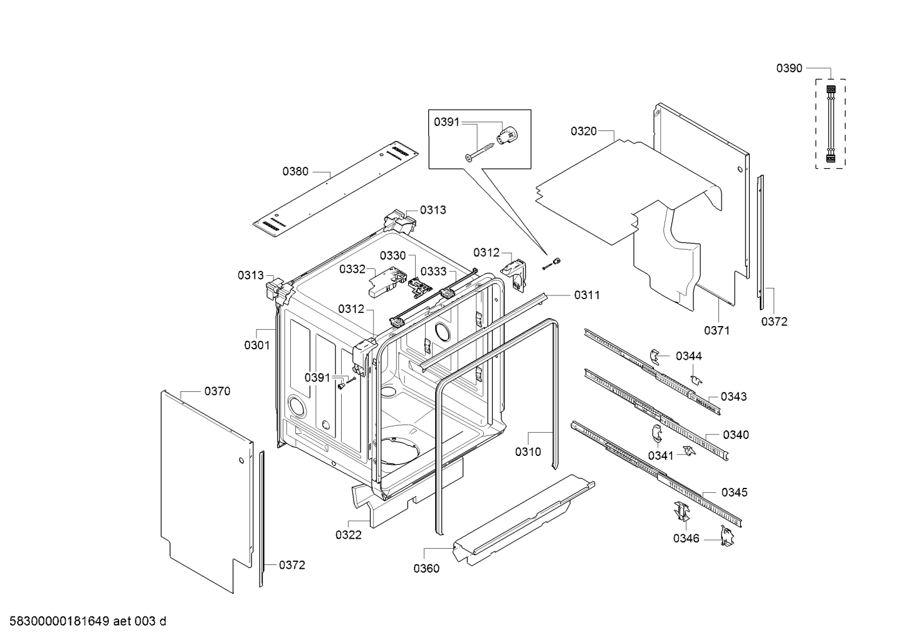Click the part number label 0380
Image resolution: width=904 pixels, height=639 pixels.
(x=295, y=171)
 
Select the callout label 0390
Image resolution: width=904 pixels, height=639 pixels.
(x=789, y=68)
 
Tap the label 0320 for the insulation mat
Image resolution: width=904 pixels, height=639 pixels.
(x=584, y=131)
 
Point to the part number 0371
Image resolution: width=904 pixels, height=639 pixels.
(x=717, y=330)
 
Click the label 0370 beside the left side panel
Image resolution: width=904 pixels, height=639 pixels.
(x=217, y=391)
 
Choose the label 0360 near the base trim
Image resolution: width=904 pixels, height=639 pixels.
(x=426, y=569)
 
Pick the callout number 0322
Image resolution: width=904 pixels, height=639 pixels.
(x=349, y=535)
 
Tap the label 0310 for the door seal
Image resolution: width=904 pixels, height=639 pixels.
(x=528, y=452)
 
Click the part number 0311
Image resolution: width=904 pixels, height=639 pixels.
(x=587, y=295)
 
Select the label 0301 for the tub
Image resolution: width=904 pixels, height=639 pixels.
(x=257, y=345)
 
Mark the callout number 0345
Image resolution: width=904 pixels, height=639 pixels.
(x=735, y=492)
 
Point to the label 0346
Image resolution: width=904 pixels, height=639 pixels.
(x=686, y=538)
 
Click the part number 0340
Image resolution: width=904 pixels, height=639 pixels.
(x=735, y=435)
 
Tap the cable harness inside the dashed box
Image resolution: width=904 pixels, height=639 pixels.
(x=831, y=124)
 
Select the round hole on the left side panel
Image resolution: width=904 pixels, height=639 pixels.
(x=241, y=461)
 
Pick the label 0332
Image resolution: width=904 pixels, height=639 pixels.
(x=352, y=269)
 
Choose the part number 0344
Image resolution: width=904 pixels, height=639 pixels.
(x=689, y=356)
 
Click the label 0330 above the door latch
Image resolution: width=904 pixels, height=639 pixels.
(x=393, y=255)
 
